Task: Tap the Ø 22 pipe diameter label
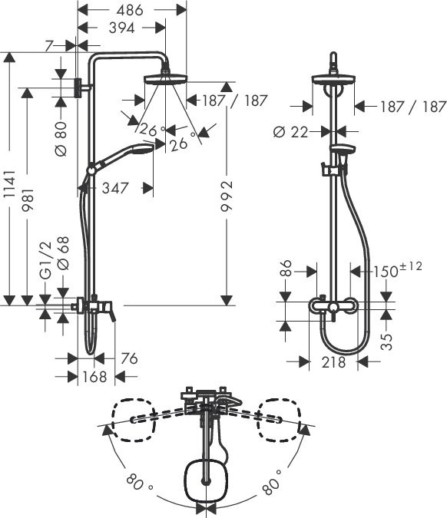point(290,132)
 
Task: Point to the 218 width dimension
point(333,362)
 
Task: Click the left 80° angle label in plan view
point(138,485)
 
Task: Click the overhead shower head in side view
point(164,78)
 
